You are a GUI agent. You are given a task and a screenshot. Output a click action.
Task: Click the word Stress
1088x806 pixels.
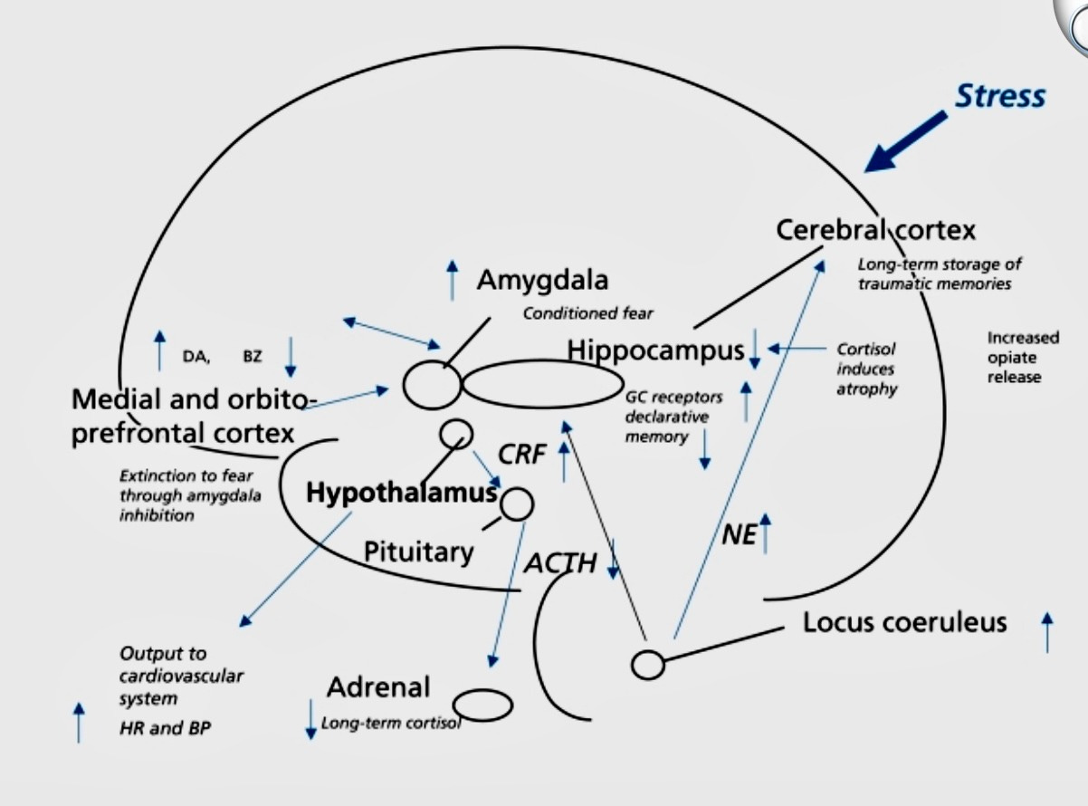pyautogui.click(x=1000, y=96)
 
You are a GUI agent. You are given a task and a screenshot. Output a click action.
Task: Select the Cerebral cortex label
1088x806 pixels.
pyautogui.click(x=875, y=230)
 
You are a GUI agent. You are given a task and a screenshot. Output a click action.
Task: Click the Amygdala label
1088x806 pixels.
pyautogui.click(x=542, y=280)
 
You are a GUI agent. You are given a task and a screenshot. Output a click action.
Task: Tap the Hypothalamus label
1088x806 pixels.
pyautogui.click(x=401, y=493)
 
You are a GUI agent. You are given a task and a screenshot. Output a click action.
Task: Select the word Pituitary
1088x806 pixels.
pyautogui.click(x=418, y=551)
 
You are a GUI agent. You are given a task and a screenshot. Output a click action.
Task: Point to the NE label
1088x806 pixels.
pyautogui.click(x=739, y=535)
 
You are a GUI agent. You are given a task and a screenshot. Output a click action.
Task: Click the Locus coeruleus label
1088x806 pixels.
pyautogui.click(x=904, y=623)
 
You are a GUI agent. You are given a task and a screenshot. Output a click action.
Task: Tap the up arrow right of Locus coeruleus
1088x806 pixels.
pyautogui.click(x=1047, y=631)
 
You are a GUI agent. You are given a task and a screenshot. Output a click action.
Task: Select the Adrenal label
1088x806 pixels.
pyautogui.click(x=378, y=687)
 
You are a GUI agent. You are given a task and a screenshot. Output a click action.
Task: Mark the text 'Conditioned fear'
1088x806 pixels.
pyautogui.click(x=587, y=314)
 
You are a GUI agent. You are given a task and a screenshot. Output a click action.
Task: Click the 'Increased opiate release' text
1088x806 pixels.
pyautogui.click(x=1022, y=357)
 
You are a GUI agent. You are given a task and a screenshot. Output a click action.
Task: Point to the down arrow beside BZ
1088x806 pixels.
pyautogui.click(x=290, y=356)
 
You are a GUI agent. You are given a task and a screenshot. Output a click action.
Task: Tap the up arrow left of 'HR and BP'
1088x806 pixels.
pyautogui.click(x=79, y=722)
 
